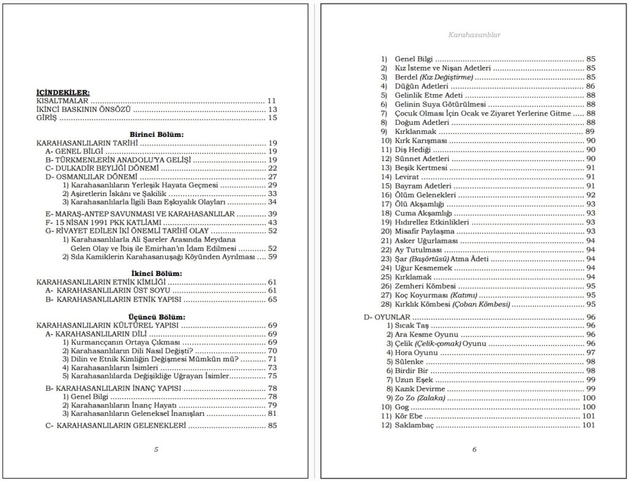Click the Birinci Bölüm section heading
[x=157, y=134]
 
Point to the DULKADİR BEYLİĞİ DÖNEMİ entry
[x=102, y=168]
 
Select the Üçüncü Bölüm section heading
[x=157, y=316]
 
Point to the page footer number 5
[x=157, y=449]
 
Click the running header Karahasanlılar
[x=474, y=35]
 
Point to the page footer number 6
[x=474, y=449]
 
